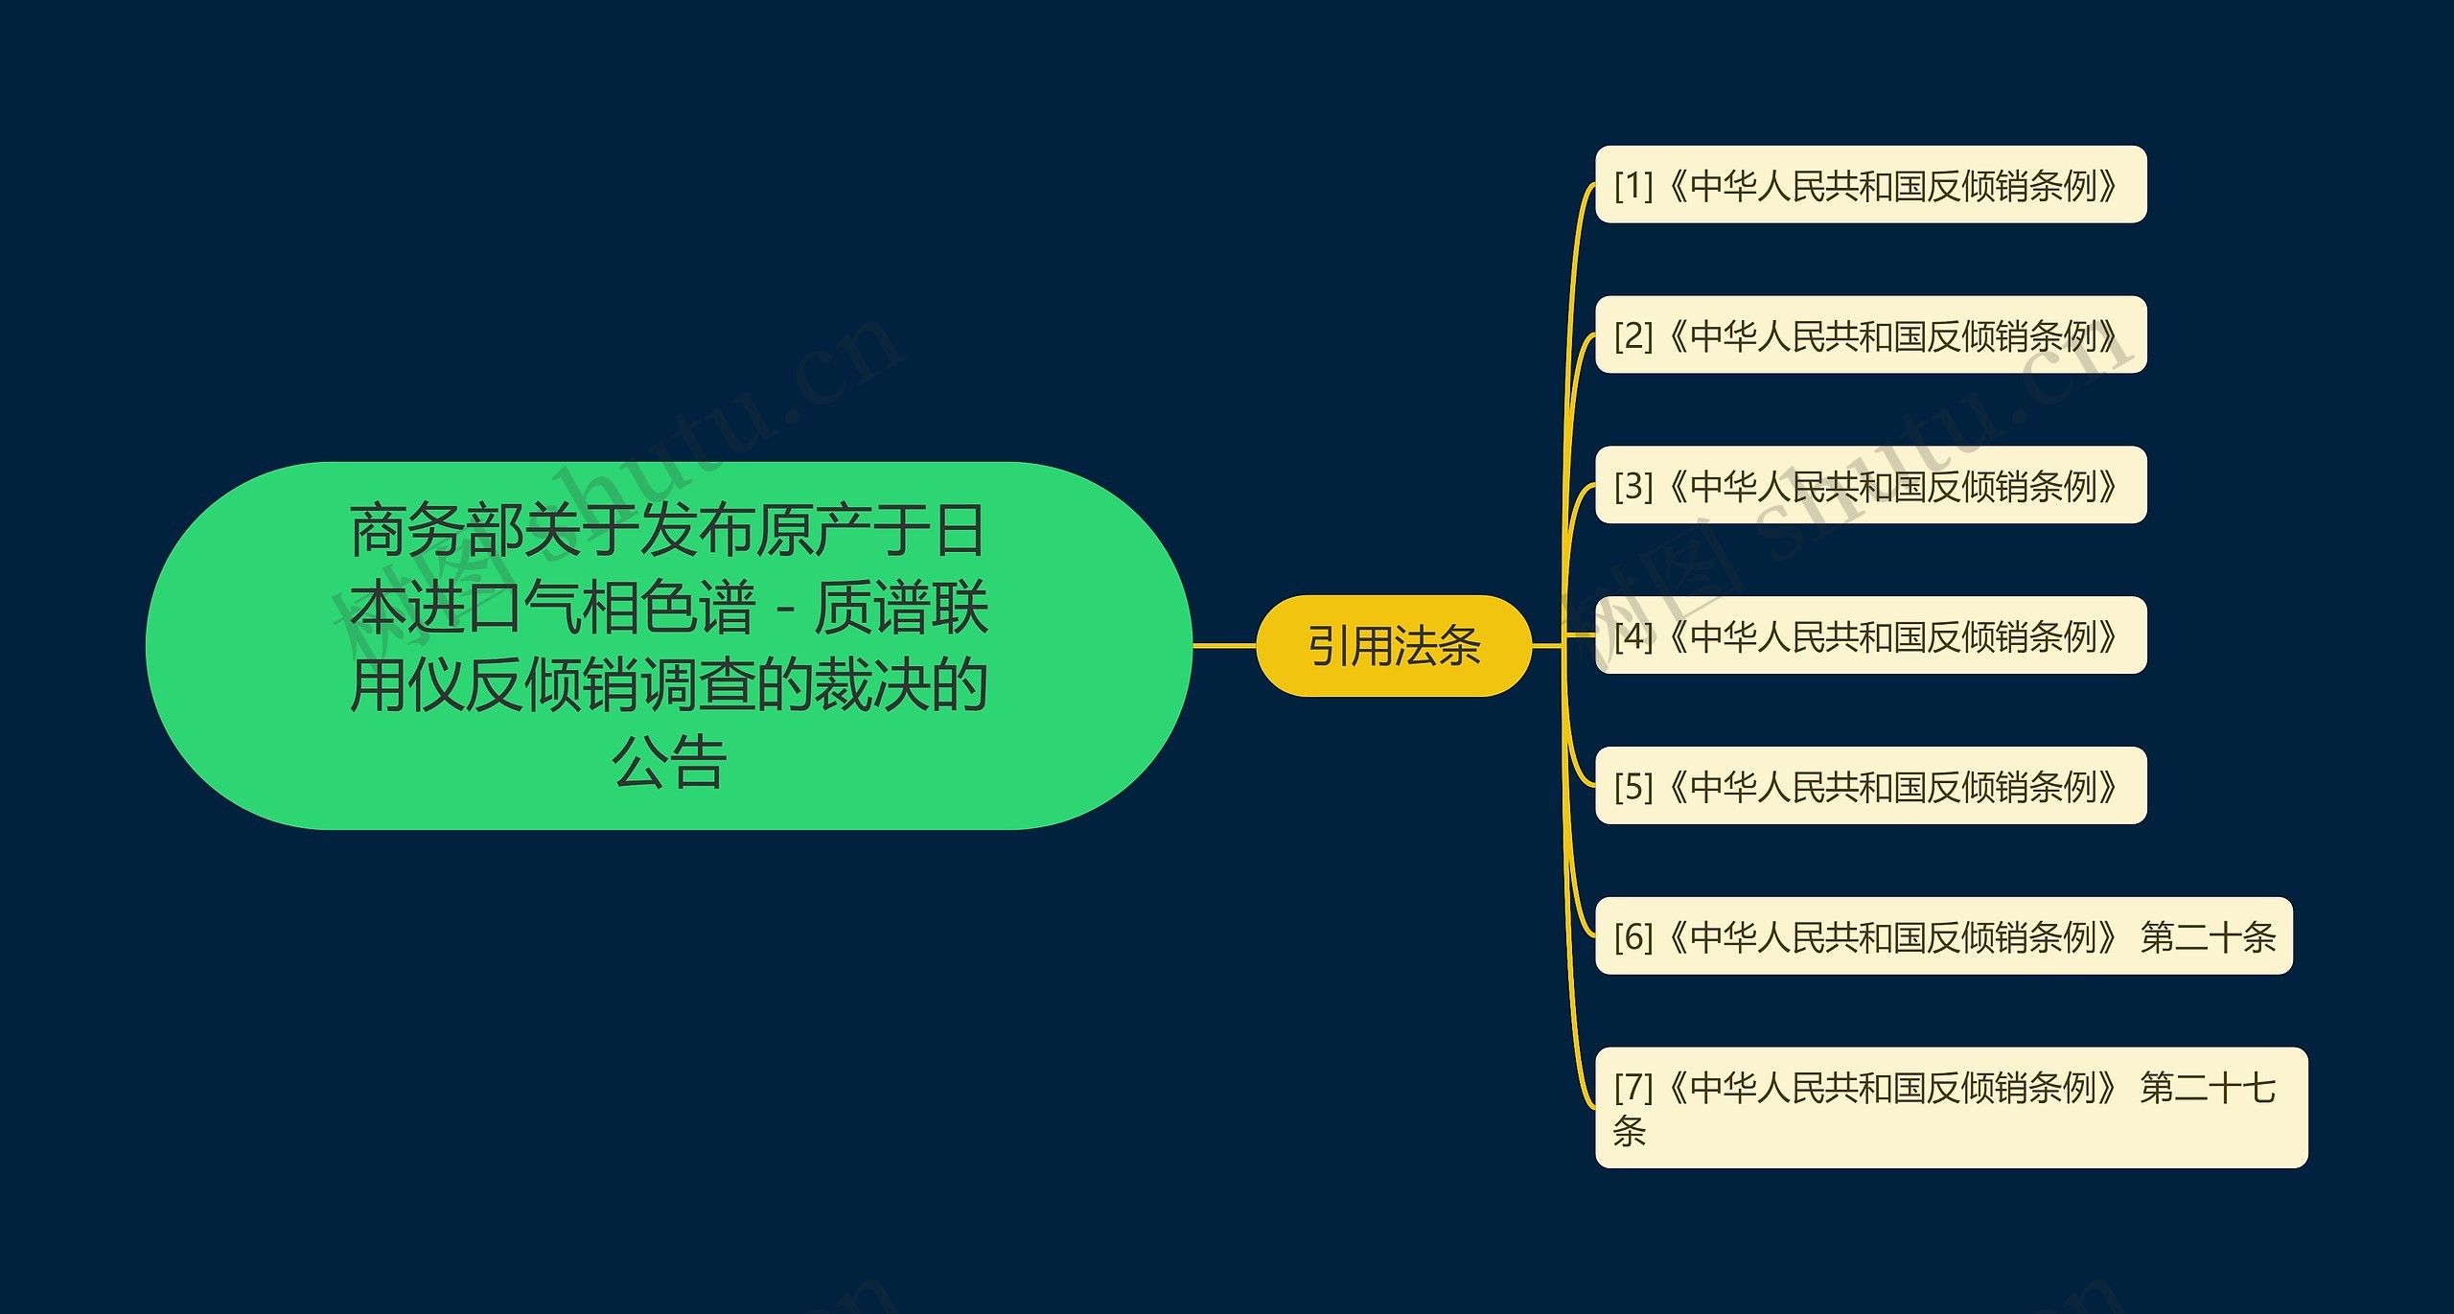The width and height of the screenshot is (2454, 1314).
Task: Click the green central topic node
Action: tap(668, 645)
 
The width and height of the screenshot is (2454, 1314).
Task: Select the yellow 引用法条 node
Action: tap(1394, 646)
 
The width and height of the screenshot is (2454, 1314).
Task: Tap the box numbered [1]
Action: tap(1869, 185)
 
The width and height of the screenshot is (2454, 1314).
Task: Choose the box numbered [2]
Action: tap(1869, 334)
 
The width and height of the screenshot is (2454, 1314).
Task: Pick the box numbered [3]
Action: tap(1869, 485)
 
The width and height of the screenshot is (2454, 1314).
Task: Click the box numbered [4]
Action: tap(1869, 635)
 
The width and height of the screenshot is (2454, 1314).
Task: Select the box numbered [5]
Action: tap(1869, 786)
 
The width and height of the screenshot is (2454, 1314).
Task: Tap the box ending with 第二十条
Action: tap(1943, 936)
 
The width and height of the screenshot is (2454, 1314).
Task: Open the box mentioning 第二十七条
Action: tap(1951, 1108)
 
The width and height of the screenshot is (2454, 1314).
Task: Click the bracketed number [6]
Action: tap(1633, 937)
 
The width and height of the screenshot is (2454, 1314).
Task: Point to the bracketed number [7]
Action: tap(1633, 1088)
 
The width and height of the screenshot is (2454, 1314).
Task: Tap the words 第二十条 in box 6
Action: tap(2207, 937)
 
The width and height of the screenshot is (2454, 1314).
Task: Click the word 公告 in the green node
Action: tap(669, 763)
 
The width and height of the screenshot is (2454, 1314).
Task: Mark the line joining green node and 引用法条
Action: tap(1224, 646)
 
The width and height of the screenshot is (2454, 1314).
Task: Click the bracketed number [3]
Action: tap(1633, 486)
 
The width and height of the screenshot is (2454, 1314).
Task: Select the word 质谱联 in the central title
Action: tap(900, 608)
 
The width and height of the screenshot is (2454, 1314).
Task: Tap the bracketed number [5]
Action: tap(1633, 787)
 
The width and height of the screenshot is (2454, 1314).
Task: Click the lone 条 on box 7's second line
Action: tap(1630, 1131)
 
